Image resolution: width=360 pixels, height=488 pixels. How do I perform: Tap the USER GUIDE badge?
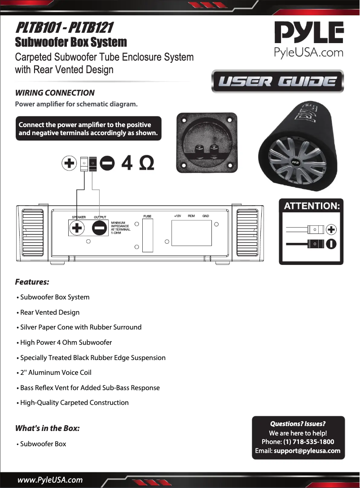pos(277,81)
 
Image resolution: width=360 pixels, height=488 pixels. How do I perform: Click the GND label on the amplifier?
pos(206,216)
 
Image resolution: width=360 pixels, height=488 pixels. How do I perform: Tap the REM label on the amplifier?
pos(191,216)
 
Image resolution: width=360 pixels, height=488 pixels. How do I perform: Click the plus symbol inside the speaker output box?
pos(78,228)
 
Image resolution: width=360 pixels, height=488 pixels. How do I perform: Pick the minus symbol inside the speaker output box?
pos(99,228)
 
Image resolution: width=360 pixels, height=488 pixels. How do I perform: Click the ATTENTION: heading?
pos(312,206)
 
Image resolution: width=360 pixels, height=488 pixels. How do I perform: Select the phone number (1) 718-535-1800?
pos(308,442)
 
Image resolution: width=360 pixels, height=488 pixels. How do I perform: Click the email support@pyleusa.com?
pos(307,450)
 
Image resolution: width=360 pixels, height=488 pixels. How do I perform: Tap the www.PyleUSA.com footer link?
pos(50,479)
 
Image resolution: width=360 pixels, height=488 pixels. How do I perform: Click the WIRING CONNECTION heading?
pos(55,93)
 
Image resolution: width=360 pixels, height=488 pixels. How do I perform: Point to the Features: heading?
pos(32,282)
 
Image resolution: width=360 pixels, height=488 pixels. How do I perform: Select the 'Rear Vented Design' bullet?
pos(49,312)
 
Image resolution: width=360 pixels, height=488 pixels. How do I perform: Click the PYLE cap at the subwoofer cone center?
pos(295,162)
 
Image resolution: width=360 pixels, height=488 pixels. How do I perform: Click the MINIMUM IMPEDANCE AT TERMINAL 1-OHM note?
pos(121,228)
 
